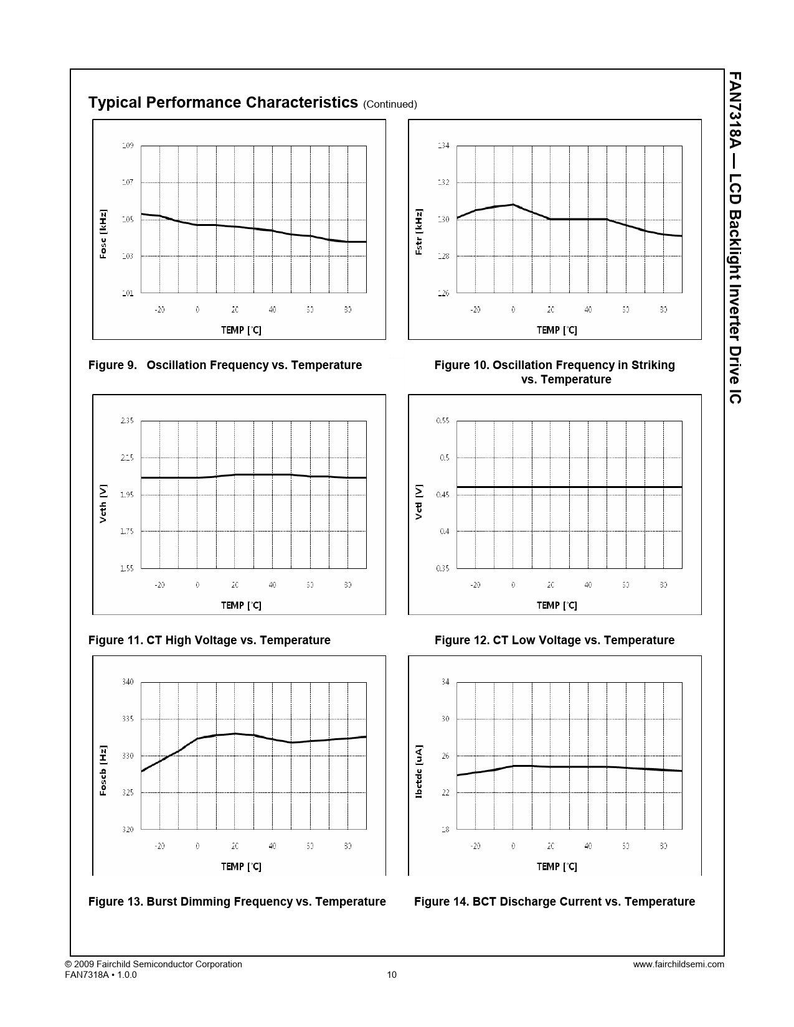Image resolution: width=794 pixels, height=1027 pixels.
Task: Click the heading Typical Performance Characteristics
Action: (x=223, y=103)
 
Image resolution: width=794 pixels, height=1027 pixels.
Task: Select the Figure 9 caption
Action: (x=225, y=365)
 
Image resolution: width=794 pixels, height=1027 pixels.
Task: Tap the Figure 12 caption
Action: (x=554, y=640)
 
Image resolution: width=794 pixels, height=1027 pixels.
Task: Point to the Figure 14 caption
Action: (x=554, y=902)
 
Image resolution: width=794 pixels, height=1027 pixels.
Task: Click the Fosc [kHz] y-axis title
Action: (x=103, y=234)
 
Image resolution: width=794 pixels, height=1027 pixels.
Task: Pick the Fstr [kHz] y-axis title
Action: (x=419, y=232)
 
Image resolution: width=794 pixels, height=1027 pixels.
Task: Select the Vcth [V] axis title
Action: (x=103, y=503)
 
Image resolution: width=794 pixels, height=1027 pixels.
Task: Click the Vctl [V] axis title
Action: (x=419, y=502)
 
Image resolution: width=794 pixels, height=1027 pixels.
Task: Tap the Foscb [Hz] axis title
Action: (x=103, y=771)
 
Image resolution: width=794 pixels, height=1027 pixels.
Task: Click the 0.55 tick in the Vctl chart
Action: (x=442, y=421)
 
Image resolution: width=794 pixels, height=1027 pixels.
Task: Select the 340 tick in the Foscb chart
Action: (x=127, y=682)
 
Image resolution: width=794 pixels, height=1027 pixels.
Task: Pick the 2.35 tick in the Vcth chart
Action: (x=126, y=421)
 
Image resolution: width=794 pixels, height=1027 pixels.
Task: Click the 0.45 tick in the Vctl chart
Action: (x=442, y=495)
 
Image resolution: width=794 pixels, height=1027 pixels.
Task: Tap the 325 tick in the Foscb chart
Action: (x=127, y=793)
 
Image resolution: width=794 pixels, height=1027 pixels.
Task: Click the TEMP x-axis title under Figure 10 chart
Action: (x=557, y=331)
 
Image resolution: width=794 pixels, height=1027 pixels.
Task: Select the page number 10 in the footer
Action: (x=392, y=975)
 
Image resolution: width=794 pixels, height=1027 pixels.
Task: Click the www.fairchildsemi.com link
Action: (x=678, y=965)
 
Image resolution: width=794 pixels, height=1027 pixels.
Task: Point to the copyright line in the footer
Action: (x=153, y=965)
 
